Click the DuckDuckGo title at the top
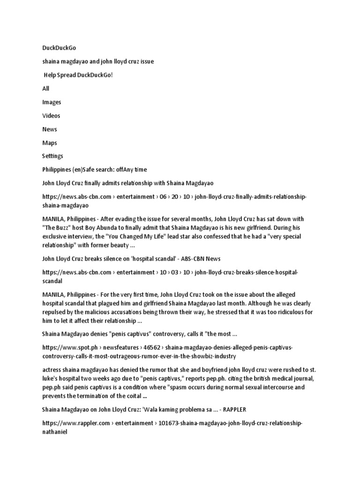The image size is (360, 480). (x=59, y=48)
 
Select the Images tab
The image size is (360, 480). (x=52, y=102)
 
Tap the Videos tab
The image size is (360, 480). (x=51, y=116)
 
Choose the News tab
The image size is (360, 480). (x=49, y=129)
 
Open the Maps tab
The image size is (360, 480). (x=49, y=143)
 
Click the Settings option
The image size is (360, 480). (x=52, y=156)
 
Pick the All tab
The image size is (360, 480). (x=45, y=89)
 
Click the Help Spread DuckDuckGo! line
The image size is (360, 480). (x=78, y=75)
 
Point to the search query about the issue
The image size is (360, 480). (x=97, y=61)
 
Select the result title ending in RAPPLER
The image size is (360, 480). (x=144, y=410)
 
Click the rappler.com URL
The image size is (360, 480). (x=172, y=423)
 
